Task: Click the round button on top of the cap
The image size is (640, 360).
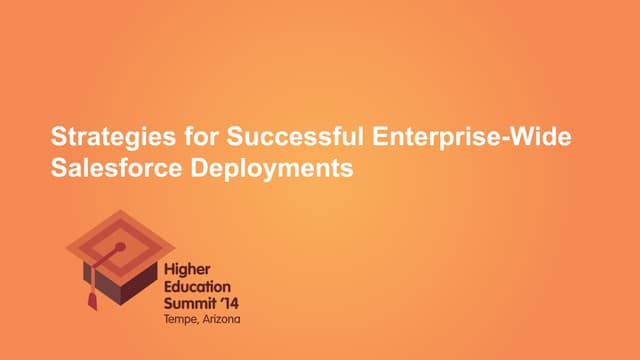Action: tap(120, 246)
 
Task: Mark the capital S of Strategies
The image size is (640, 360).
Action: tap(58, 139)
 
